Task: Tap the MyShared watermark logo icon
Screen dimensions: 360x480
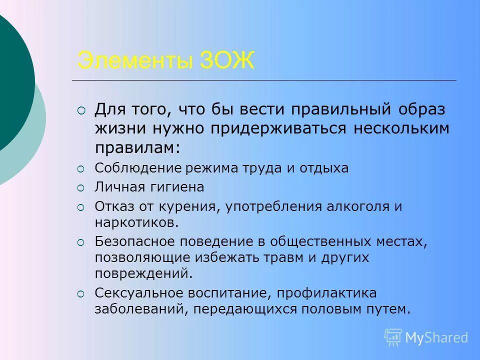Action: pos(393,337)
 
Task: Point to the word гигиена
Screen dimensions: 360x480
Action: pos(172,187)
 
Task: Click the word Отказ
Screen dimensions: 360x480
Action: pos(112,206)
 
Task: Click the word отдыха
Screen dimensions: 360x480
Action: pos(324,168)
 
